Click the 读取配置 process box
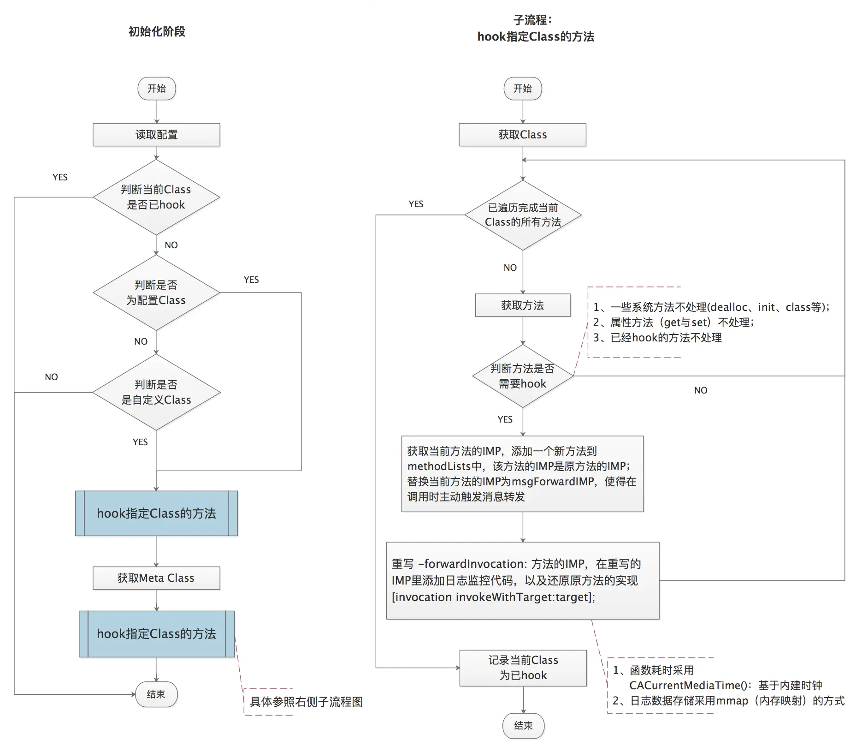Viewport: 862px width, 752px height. (156, 135)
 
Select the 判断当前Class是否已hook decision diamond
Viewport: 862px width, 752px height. (156, 197)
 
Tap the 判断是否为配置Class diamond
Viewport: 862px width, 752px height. (156, 292)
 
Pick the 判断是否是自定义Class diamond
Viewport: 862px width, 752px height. (156, 392)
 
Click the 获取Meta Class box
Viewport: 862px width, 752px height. (156, 578)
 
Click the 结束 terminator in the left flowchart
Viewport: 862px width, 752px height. (156, 694)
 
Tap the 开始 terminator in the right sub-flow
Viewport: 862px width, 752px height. (522, 89)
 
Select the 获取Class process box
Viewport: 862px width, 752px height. (522, 135)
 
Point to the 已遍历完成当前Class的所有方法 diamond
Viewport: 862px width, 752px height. (523, 215)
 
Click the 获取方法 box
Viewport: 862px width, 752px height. (523, 305)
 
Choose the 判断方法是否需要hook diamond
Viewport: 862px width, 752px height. (523, 376)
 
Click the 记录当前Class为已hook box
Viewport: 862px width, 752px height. (523, 668)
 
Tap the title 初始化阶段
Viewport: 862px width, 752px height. (157, 31)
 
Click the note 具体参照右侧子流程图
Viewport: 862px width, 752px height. (306, 702)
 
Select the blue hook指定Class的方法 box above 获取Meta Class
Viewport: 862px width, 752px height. (156, 513)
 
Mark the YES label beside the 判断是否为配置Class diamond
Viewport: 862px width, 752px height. (251, 280)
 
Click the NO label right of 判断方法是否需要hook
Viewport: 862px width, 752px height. (701, 390)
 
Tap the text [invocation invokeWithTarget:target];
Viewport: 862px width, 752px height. (493, 597)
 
